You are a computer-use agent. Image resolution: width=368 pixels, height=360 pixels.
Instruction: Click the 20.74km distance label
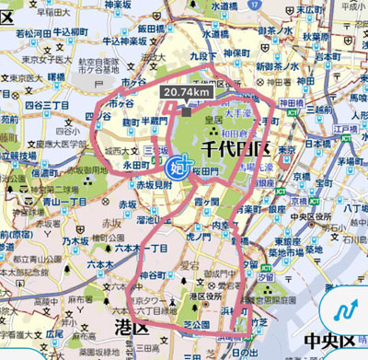(187, 92)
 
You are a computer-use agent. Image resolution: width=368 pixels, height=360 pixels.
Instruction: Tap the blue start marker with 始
(177, 168)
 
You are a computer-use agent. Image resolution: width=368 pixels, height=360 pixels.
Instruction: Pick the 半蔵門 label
(151, 121)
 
